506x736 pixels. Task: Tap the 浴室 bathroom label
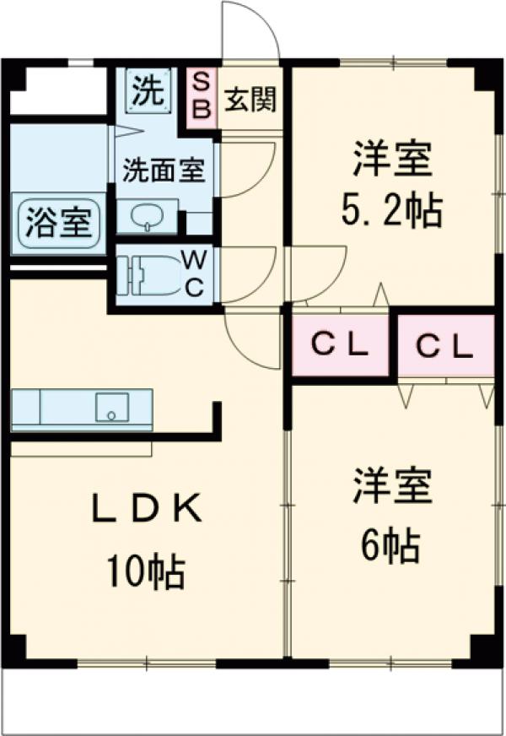click(x=58, y=225)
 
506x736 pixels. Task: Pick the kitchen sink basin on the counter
click(x=110, y=408)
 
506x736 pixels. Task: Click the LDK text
click(x=147, y=509)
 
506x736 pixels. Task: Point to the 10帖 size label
click(x=147, y=574)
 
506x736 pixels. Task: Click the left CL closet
click(x=341, y=345)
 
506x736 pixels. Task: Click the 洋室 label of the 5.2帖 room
click(x=391, y=158)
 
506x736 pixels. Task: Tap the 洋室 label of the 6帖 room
click(x=391, y=490)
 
